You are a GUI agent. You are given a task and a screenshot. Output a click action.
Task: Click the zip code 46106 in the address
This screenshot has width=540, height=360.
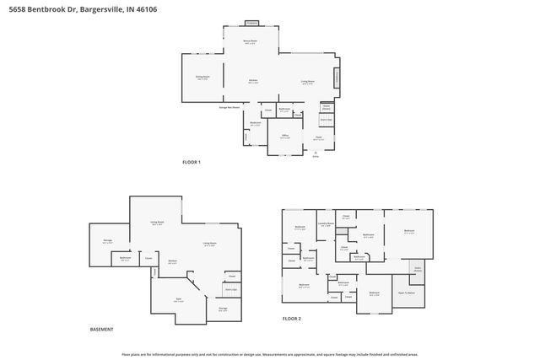[145, 9]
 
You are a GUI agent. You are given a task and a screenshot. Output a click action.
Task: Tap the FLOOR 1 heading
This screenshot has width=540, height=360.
[192, 162]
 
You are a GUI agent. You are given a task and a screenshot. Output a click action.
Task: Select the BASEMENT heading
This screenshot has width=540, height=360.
[101, 329]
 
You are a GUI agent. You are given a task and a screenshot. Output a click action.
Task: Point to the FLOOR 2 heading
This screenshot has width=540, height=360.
[292, 319]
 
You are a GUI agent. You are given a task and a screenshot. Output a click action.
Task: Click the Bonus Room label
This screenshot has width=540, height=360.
[251, 41]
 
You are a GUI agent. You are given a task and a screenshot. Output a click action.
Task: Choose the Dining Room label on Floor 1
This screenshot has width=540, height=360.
[202, 77]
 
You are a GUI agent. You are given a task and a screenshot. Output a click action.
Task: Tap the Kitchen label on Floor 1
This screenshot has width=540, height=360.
[252, 82]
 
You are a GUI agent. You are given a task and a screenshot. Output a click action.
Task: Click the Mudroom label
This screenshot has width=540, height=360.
[255, 124]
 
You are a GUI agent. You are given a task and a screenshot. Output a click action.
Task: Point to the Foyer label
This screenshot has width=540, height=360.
[318, 137]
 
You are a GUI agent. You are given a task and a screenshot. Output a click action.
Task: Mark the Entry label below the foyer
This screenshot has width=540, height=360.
[316, 156]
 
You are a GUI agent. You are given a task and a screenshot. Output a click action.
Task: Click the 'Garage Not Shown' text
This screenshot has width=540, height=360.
[230, 106]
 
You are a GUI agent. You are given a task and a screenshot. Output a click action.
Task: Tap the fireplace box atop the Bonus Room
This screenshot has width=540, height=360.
[251, 22]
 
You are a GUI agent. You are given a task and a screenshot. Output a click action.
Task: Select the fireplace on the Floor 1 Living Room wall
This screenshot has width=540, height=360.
[338, 77]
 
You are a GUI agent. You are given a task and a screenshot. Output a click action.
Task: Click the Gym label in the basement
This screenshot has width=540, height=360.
[178, 300]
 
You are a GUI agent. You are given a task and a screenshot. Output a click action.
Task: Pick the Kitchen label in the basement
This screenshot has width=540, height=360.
[171, 261]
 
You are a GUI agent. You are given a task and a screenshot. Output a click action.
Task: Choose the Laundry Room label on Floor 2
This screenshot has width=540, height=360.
[326, 224]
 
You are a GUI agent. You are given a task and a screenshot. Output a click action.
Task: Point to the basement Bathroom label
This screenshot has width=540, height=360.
[125, 258]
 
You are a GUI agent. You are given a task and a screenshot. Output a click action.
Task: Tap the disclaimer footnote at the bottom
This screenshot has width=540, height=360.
[270, 354]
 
